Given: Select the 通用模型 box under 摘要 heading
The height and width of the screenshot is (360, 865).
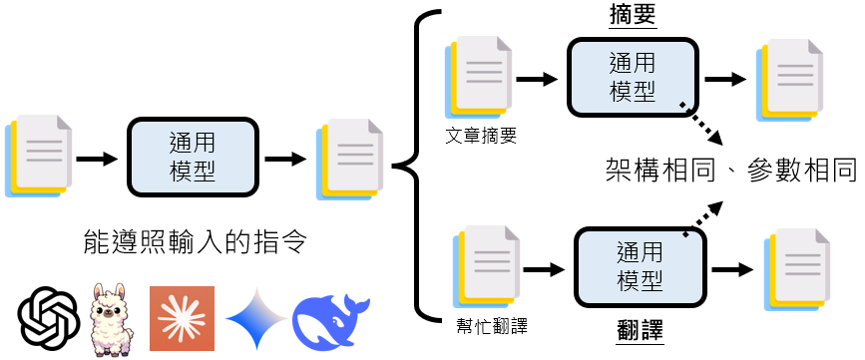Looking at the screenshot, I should coord(632,76).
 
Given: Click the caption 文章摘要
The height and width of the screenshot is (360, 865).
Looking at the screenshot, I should coord(483,135).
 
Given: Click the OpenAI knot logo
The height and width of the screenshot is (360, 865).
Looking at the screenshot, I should coord(49,317).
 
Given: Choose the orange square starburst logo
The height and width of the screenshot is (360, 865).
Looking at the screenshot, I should coord(182,317).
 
